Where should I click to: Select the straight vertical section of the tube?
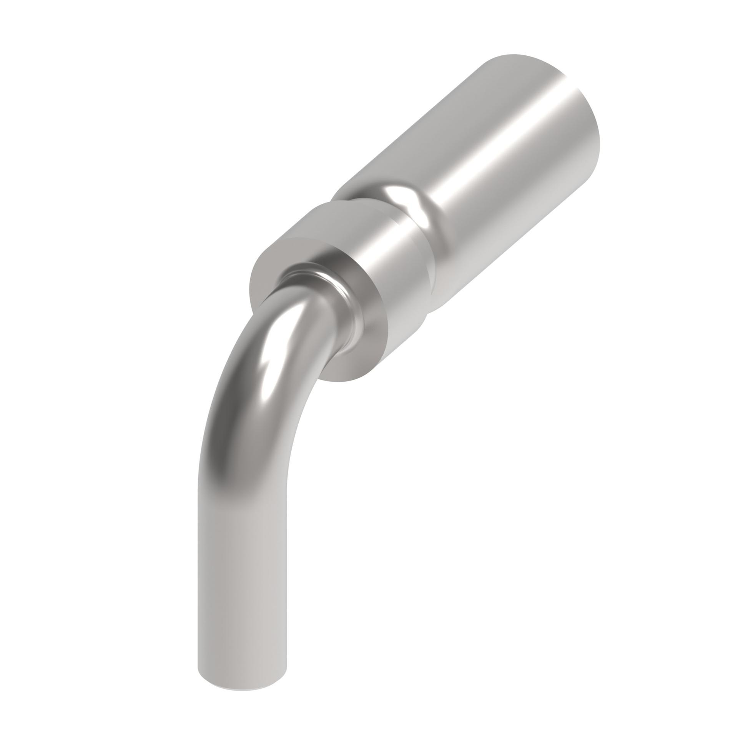click(x=242, y=577)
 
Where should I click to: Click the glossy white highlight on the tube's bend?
click(x=273, y=346)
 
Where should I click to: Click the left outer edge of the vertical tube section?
click(x=199, y=577)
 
